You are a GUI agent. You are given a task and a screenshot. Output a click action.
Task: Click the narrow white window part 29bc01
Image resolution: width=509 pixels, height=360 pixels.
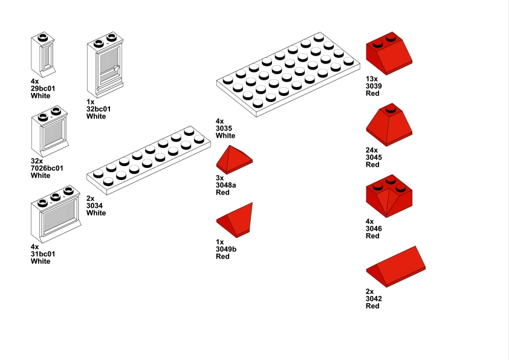(43, 54)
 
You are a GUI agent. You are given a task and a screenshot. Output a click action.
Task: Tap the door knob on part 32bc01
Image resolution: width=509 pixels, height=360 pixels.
(117, 69)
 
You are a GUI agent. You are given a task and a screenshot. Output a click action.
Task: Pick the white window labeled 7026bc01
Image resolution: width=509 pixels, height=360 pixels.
(51, 131)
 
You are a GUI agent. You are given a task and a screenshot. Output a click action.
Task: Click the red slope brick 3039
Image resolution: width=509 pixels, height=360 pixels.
(389, 54)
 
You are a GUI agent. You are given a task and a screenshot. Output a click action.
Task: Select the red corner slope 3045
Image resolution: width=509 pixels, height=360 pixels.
(389, 125)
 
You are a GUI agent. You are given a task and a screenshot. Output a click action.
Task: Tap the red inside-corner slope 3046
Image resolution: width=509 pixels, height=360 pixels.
(389, 195)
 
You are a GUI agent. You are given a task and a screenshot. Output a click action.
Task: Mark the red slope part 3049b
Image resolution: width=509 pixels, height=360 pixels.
(237, 220)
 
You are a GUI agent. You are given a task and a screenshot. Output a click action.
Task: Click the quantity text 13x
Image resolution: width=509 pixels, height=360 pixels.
(371, 79)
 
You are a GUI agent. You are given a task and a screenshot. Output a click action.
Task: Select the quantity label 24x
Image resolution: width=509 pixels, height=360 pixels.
(371, 150)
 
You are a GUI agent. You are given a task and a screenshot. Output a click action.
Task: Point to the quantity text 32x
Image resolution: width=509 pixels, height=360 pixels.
(36, 161)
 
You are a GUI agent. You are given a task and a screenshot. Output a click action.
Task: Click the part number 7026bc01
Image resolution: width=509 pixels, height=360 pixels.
(47, 169)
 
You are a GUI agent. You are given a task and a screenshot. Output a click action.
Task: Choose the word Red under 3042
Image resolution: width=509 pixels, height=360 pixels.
(372, 306)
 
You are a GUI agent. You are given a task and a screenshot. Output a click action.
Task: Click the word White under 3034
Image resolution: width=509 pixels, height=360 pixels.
(96, 213)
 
